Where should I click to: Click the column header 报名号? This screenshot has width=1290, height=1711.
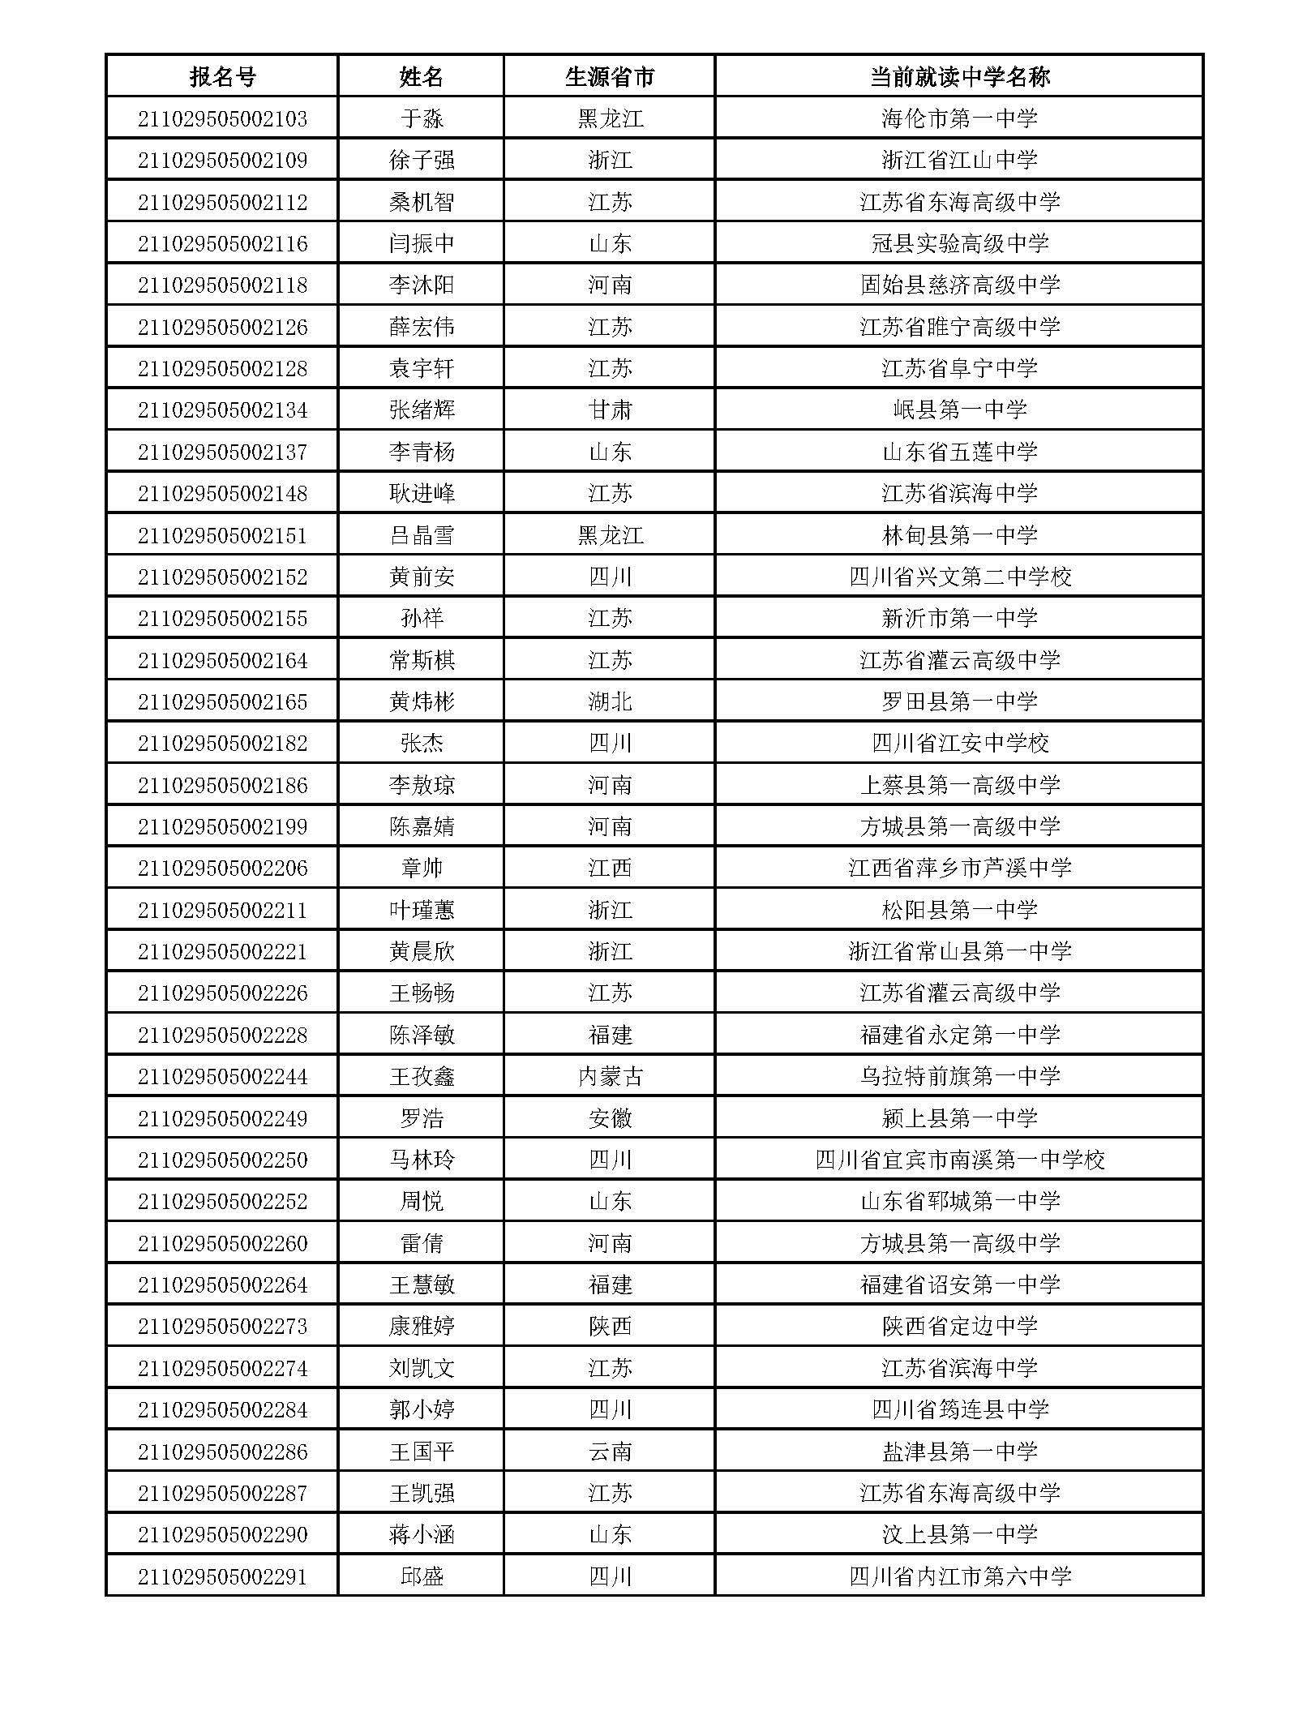click(x=222, y=77)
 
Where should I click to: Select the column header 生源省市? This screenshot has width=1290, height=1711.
click(x=609, y=77)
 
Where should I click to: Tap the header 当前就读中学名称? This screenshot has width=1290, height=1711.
click(x=959, y=77)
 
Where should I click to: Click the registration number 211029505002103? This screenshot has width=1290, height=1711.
click(x=222, y=119)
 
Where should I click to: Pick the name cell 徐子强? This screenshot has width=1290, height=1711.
click(x=422, y=161)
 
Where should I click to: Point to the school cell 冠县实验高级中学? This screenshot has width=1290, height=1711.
click(x=959, y=243)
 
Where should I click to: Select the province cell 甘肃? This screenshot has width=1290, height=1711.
click(x=609, y=410)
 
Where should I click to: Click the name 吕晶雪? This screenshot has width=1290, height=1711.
click(x=422, y=535)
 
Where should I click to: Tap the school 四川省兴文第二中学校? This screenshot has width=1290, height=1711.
click(x=959, y=577)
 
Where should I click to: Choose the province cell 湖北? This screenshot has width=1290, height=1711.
click(x=609, y=701)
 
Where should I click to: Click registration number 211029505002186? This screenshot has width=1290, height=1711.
click(x=222, y=785)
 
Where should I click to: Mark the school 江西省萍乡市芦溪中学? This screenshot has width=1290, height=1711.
click(x=959, y=868)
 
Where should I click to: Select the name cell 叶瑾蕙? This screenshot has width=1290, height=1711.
click(x=422, y=910)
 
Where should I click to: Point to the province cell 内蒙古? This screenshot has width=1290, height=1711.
click(x=609, y=1076)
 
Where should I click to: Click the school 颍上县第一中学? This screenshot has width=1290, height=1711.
click(x=959, y=1118)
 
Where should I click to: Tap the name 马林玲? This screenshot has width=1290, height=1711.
click(x=422, y=1160)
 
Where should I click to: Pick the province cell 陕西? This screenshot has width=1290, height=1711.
click(x=609, y=1326)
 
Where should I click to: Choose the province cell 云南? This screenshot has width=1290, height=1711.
click(x=609, y=1452)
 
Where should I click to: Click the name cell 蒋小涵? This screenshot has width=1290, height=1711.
click(x=422, y=1534)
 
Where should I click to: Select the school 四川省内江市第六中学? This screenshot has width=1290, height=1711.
click(x=959, y=1576)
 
